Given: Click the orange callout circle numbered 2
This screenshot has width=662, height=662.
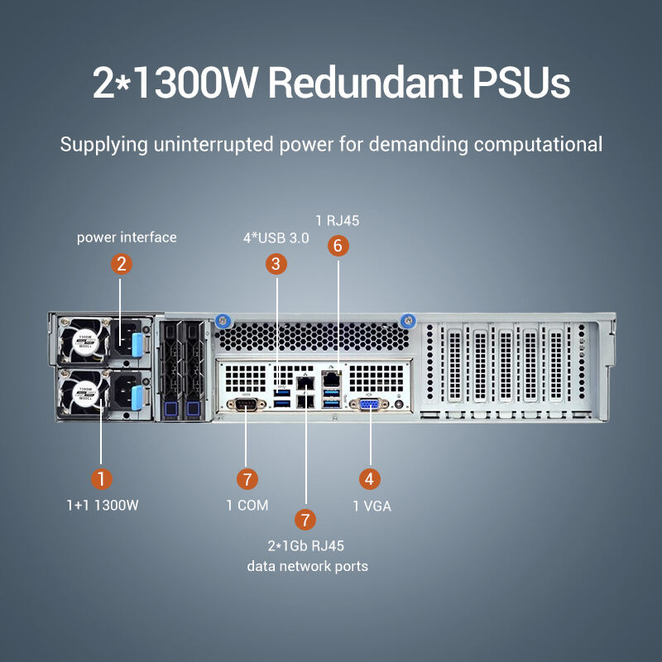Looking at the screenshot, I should (x=122, y=264).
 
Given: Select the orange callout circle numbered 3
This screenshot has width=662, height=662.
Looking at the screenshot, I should (x=276, y=264).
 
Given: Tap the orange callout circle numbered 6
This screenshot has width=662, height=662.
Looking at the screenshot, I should (x=337, y=245).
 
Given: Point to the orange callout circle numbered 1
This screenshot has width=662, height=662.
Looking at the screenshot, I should (x=101, y=478).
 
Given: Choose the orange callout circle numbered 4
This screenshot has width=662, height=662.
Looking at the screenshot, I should (x=369, y=478).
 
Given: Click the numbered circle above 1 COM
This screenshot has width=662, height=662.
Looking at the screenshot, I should (x=247, y=478).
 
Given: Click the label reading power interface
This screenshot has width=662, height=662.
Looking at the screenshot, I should (x=127, y=237).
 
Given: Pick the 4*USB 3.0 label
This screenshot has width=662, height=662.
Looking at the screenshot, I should (x=276, y=237).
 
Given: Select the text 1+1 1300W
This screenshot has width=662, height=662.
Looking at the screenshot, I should (x=103, y=506).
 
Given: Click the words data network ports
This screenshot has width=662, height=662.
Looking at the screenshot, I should (x=308, y=566).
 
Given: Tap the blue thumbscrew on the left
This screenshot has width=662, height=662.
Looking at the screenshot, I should (x=221, y=321).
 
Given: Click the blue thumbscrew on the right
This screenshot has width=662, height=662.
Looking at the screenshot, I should (x=407, y=321).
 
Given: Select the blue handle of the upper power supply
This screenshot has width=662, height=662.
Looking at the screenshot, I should (x=137, y=339).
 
